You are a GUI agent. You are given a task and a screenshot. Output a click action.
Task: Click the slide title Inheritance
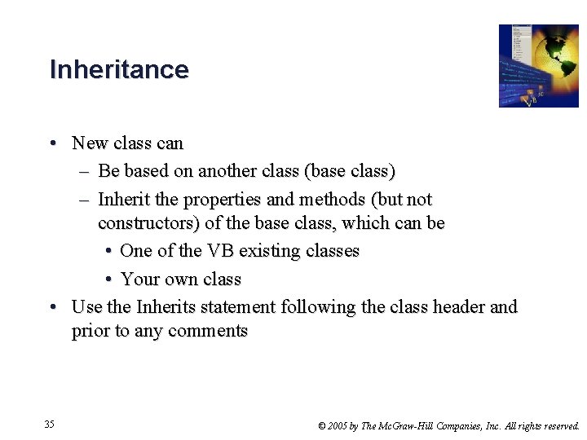click(119, 69)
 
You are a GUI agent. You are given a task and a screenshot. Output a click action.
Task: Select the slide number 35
click(50, 425)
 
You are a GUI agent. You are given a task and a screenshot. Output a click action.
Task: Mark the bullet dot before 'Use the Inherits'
click(52, 307)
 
